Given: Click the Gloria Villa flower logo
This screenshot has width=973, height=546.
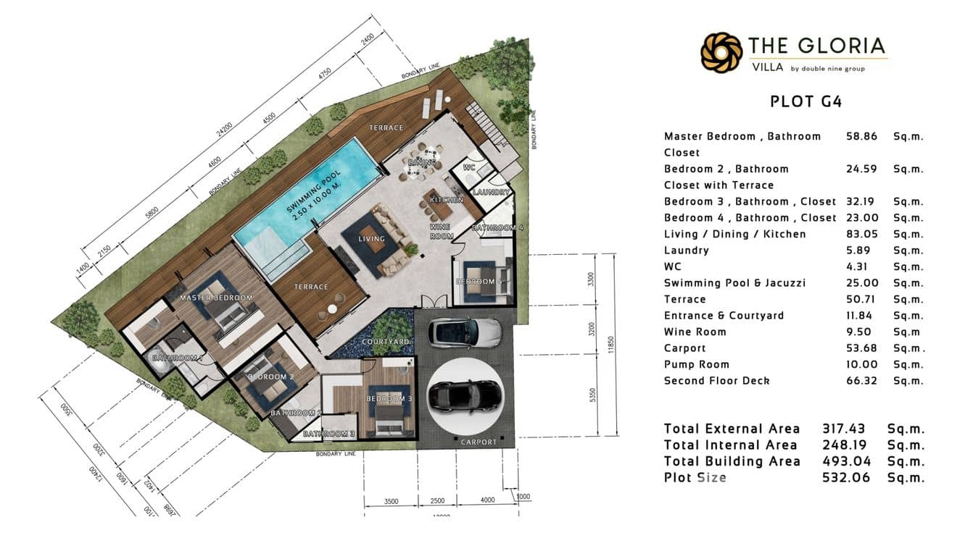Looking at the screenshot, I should pyautogui.click(x=721, y=53).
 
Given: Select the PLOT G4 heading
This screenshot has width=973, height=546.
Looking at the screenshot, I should pyautogui.click(x=806, y=101).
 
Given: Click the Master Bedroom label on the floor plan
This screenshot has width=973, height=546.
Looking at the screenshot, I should pyautogui.click(x=216, y=298).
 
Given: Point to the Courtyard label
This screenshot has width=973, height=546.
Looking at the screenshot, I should pyautogui.click(x=386, y=341).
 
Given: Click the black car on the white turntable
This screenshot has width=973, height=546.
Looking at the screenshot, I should pyautogui.click(x=464, y=395).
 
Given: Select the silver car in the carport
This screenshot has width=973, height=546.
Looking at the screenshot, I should pyautogui.click(x=465, y=332).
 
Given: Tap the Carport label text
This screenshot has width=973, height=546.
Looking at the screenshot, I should pyautogui.click(x=479, y=442).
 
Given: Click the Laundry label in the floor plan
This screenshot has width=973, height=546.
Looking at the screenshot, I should pyautogui.click(x=492, y=193).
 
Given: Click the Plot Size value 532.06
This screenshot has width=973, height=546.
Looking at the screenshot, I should pyautogui.click(x=845, y=478).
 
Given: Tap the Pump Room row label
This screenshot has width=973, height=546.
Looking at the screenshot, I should pyautogui.click(x=696, y=364).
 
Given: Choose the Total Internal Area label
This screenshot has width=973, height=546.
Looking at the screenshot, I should pyautogui.click(x=730, y=445).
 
